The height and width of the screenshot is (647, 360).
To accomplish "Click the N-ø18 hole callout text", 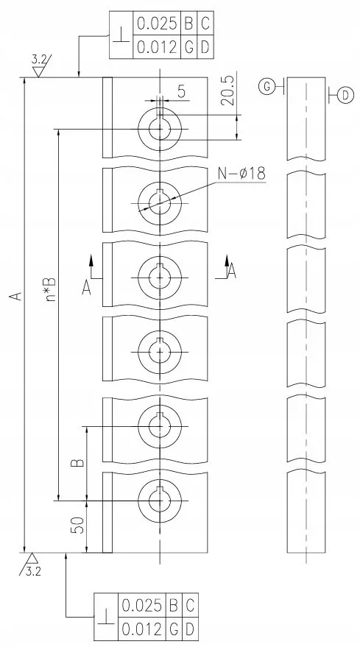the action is coord(241,174).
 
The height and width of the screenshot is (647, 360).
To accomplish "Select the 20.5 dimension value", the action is coord(229,91).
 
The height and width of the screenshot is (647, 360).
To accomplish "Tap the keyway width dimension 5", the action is coord(182,91).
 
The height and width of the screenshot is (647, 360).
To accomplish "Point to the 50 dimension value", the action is coord(79,526).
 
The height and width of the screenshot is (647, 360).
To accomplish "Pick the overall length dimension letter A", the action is coord(15,296).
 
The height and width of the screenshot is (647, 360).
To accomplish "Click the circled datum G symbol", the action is coord(267,87).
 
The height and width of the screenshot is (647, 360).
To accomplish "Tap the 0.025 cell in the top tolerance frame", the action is coord(157,24).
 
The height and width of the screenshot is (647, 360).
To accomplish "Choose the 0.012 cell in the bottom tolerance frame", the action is coord(141,629).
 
